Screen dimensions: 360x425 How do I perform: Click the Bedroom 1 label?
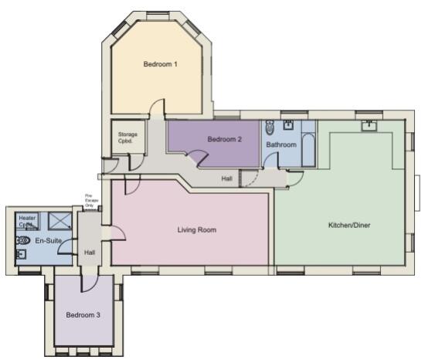click(x=161, y=64)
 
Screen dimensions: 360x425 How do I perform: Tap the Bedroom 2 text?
click(x=225, y=139)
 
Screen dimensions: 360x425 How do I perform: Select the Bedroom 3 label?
click(x=83, y=315)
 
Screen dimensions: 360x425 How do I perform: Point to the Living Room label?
click(x=197, y=229)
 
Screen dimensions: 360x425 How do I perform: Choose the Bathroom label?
click(x=281, y=144)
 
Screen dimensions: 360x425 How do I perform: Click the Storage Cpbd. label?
click(x=127, y=138)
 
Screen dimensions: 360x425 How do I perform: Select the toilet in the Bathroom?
click(x=268, y=128)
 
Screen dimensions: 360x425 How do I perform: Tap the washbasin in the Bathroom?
click(x=287, y=124)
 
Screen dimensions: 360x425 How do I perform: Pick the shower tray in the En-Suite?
click(x=59, y=220)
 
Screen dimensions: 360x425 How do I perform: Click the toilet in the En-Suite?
click(x=22, y=240)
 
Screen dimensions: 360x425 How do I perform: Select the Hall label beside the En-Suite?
click(x=90, y=253)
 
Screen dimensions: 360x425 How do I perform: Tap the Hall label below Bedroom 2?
click(x=226, y=178)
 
